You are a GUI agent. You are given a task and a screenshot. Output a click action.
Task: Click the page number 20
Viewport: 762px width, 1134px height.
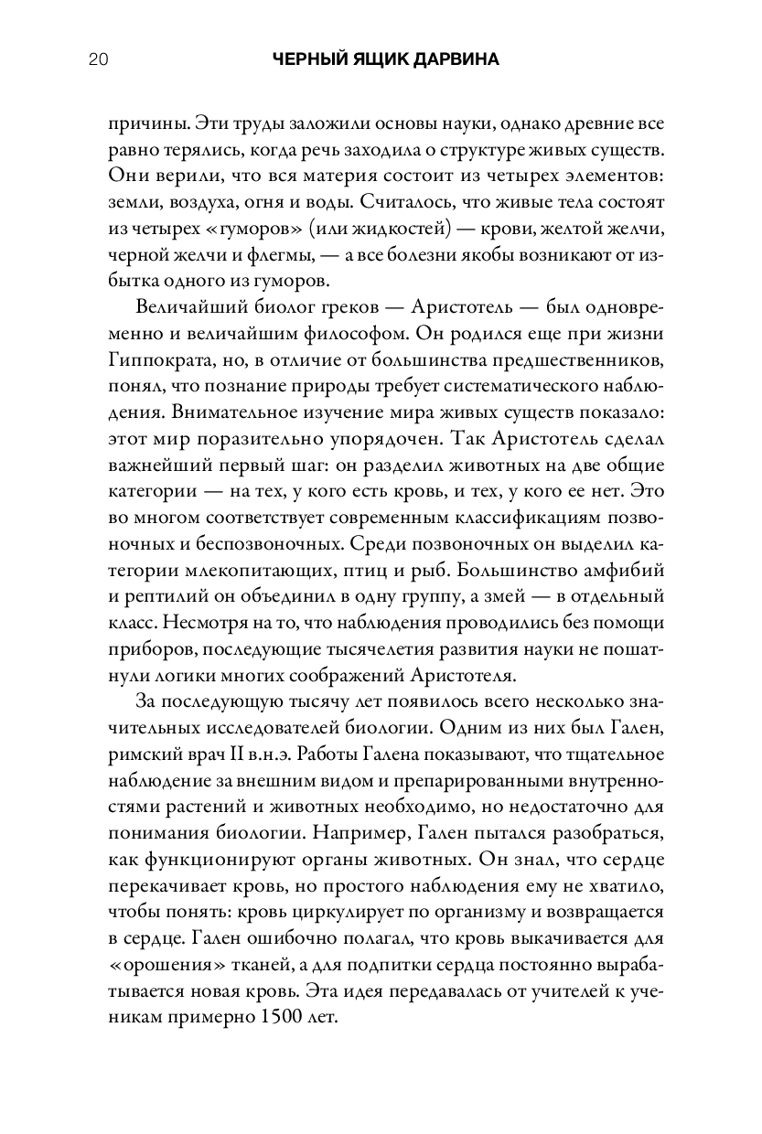click(x=100, y=60)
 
